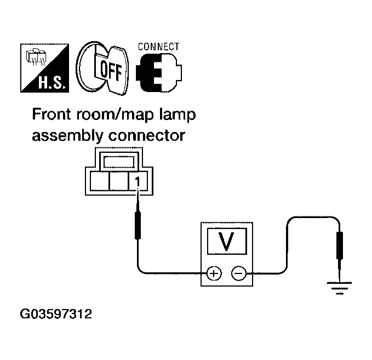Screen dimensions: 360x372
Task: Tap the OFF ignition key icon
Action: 100,69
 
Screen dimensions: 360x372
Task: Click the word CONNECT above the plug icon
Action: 158,47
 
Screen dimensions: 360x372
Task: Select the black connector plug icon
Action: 159,73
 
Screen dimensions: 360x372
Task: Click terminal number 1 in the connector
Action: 138,181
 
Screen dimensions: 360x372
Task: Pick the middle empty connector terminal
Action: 118,181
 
